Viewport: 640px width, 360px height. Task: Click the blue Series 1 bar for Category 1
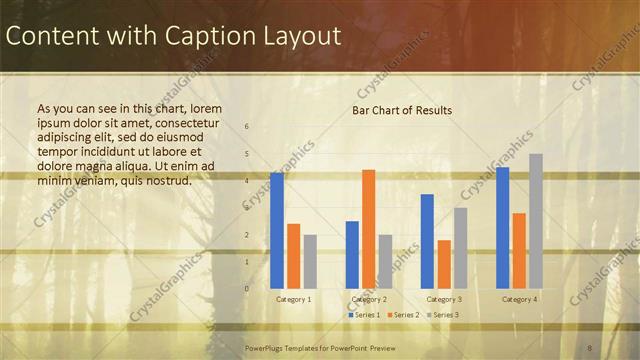(277, 230)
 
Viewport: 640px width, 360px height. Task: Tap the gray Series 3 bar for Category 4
(536, 221)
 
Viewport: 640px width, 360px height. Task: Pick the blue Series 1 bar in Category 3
(427, 241)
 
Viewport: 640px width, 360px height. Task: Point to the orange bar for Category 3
(444, 264)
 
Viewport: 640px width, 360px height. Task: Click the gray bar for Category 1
(310, 261)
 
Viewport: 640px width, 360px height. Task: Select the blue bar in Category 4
(502, 228)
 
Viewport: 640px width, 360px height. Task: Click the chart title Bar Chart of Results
(402, 110)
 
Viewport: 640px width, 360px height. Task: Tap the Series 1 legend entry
(364, 315)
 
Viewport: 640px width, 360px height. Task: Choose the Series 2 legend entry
(402, 315)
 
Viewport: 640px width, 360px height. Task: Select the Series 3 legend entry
(442, 315)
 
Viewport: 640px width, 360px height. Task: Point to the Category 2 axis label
(369, 299)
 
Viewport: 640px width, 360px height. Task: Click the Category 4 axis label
(519, 299)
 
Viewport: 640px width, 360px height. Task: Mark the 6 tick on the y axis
(247, 127)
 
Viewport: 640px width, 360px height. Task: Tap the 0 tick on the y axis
(247, 288)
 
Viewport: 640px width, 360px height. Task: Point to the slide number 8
(590, 347)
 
